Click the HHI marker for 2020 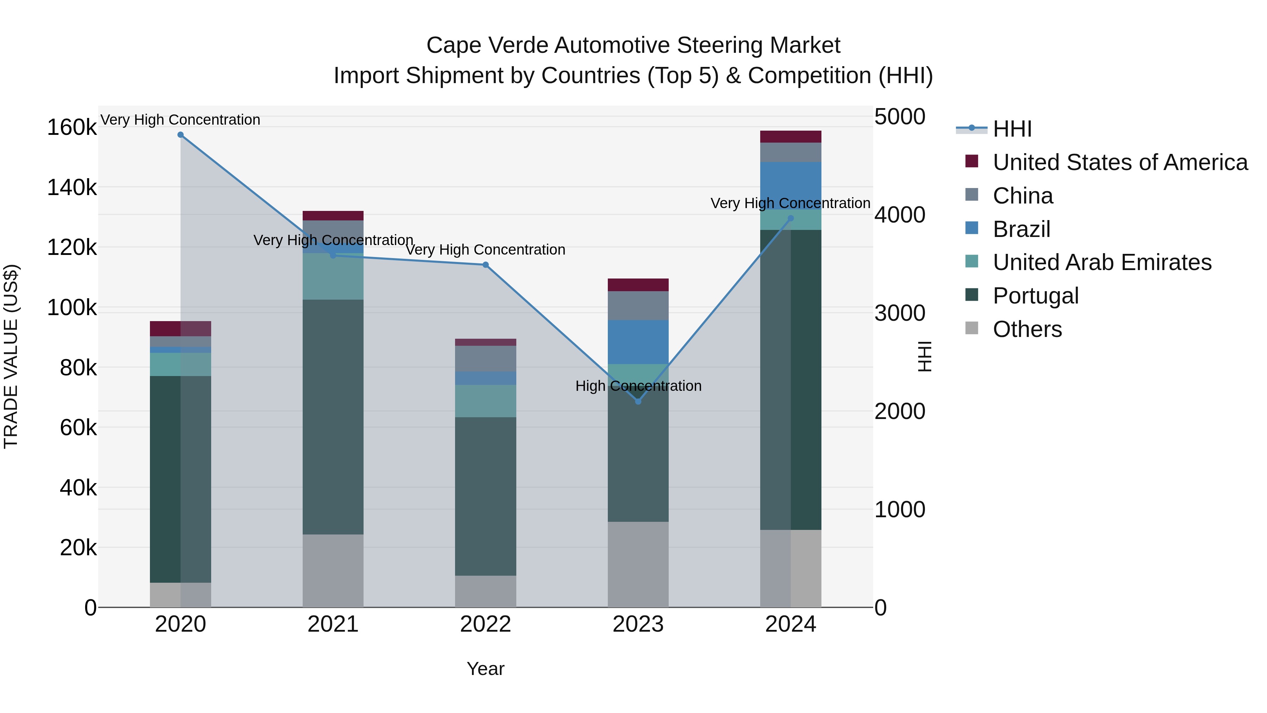(181, 135)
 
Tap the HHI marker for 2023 (638, 401)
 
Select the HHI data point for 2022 (485, 265)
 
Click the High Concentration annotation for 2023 (638, 386)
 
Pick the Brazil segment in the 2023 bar (638, 342)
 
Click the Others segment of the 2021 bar (333, 570)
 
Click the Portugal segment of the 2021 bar (333, 417)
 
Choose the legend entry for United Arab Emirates (1102, 262)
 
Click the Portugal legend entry (1035, 296)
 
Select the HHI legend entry (1012, 129)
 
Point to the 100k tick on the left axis (72, 308)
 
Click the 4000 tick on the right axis (900, 215)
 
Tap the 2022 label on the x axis (485, 624)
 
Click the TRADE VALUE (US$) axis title (11, 356)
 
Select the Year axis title (485, 669)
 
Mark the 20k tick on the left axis (78, 548)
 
